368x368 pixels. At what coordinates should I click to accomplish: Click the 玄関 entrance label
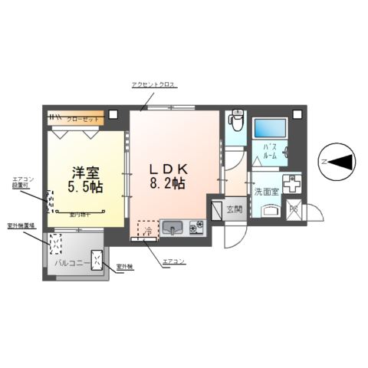[235, 209]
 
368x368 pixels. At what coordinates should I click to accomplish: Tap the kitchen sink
[172, 227]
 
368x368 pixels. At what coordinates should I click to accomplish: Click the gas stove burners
[195, 227]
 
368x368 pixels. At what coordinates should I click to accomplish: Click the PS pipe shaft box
[292, 209]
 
